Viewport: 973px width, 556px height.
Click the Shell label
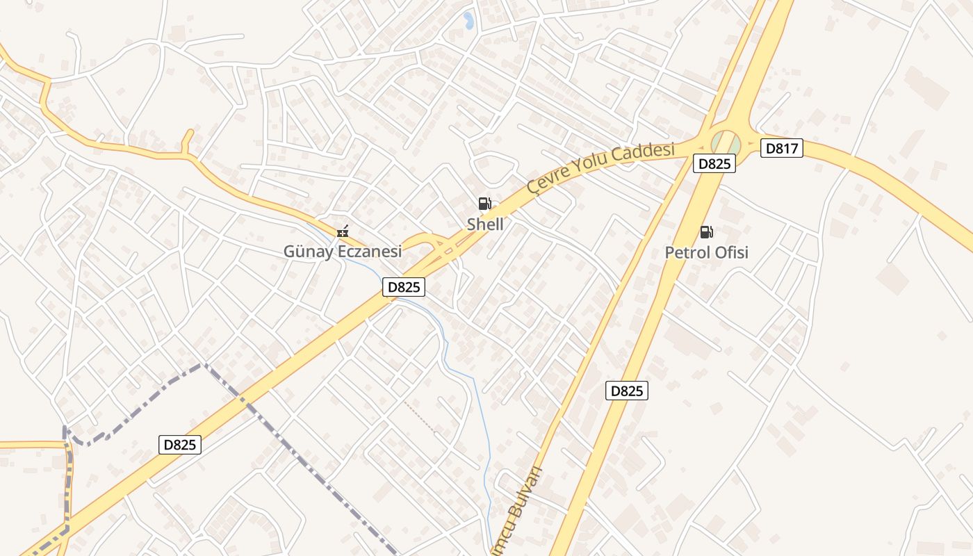click(x=485, y=224)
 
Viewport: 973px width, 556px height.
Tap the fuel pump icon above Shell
click(x=485, y=204)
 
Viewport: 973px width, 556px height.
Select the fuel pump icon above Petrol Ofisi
click(x=707, y=231)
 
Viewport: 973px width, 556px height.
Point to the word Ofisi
click(x=731, y=252)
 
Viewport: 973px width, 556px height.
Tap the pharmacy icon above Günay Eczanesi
click(x=343, y=231)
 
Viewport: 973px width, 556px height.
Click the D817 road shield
click(x=782, y=148)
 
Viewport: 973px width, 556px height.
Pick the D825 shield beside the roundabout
click(x=714, y=164)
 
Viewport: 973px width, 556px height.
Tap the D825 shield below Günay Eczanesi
click(x=403, y=287)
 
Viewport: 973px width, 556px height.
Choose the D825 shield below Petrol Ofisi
click(x=627, y=391)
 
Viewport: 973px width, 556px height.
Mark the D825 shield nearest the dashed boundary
click(x=180, y=445)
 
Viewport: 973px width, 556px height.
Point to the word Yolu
click(x=591, y=163)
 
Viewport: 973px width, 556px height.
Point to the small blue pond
click(x=468, y=20)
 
